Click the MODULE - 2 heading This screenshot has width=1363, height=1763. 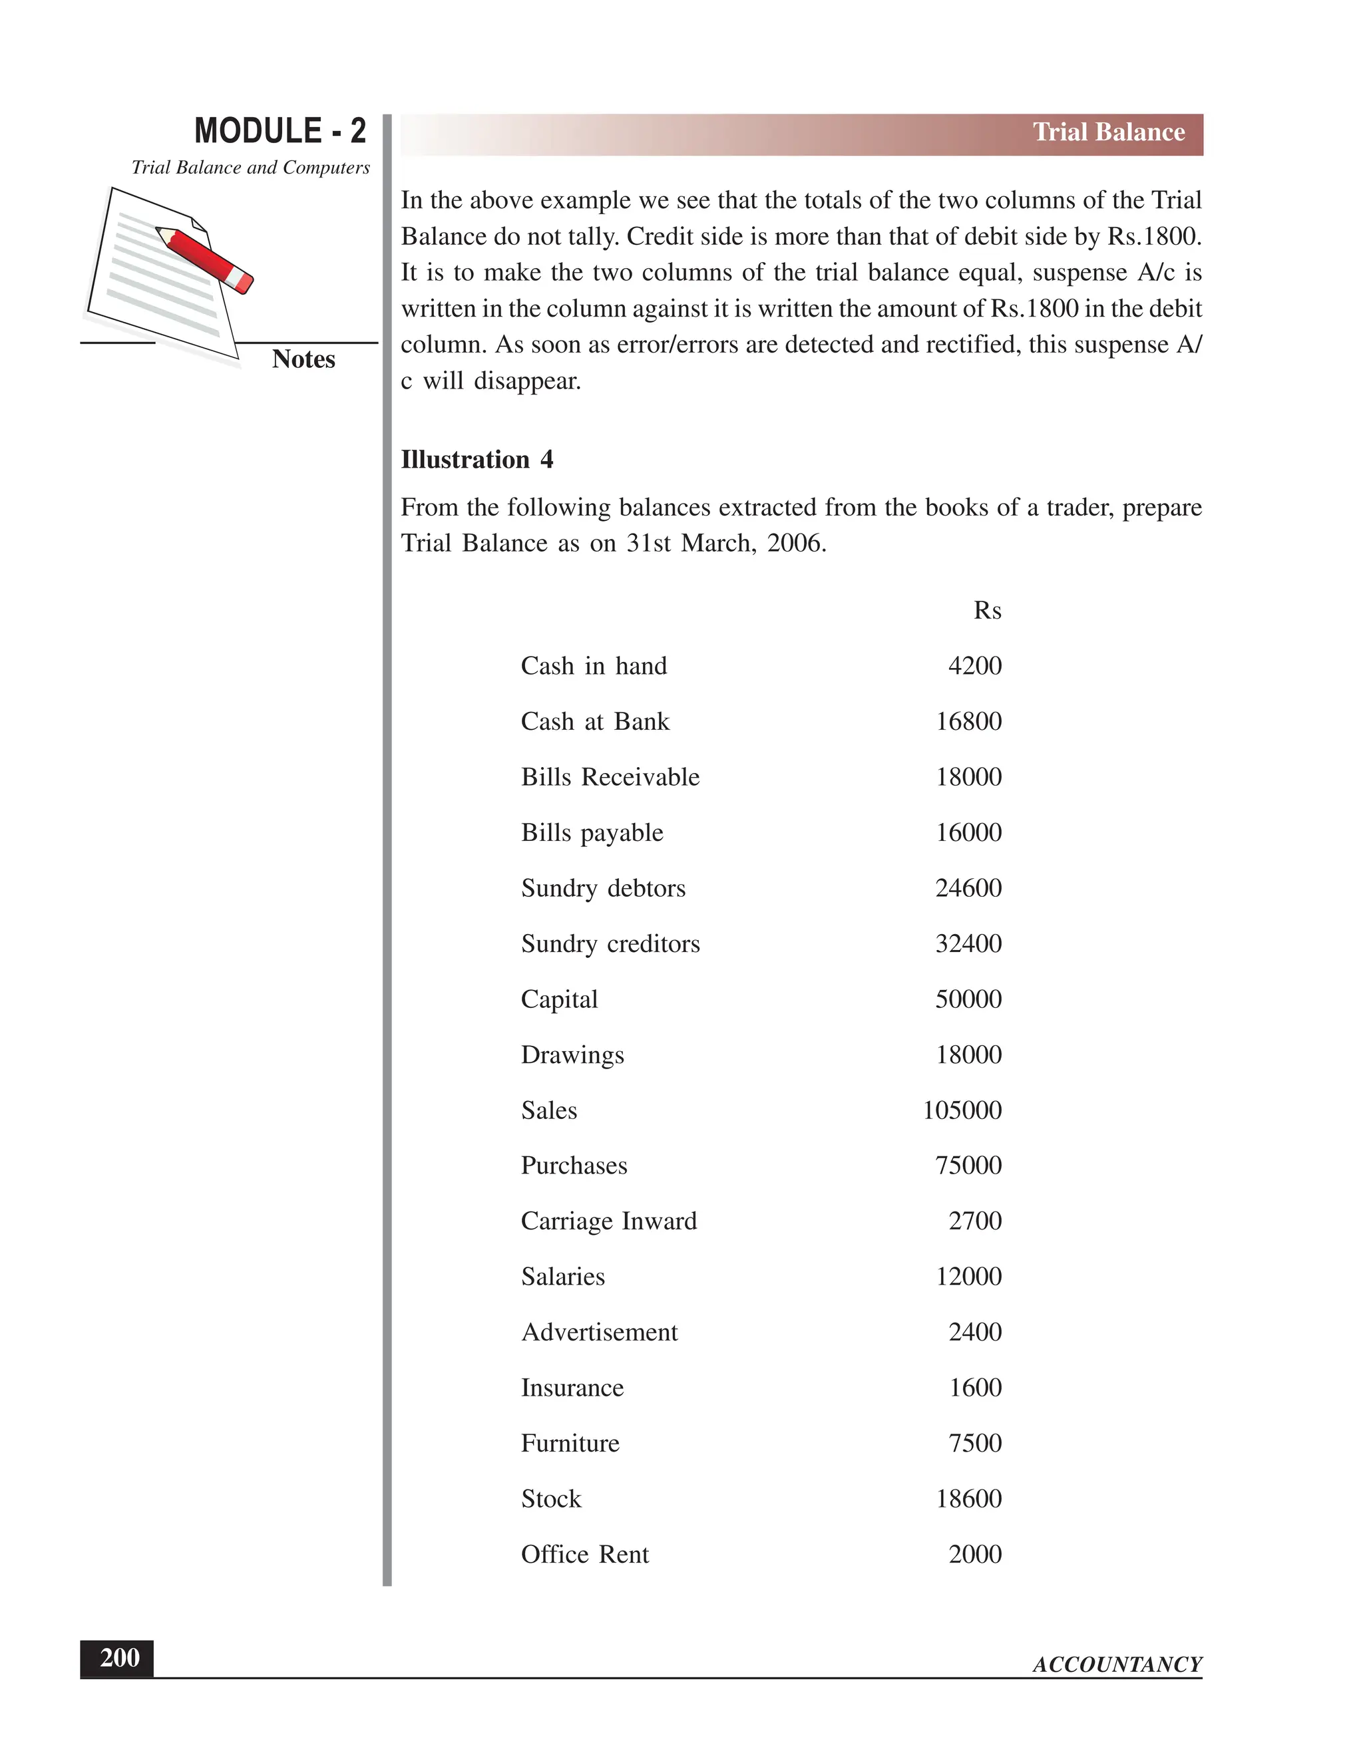coord(280,131)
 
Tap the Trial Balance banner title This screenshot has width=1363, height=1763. coord(1108,132)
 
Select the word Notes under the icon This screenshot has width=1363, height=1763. coord(303,359)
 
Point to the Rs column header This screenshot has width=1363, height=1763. coord(987,610)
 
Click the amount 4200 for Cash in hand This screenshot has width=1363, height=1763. coord(974,666)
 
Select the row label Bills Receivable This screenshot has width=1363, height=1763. coord(610,777)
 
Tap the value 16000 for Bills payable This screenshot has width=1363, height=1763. coord(968,833)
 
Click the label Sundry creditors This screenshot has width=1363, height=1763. coord(610,943)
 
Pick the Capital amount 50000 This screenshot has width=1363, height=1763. coord(968,999)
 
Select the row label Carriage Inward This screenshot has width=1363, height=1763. coord(608,1221)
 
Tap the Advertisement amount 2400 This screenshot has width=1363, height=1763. coord(974,1333)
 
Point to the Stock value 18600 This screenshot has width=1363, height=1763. coord(968,1499)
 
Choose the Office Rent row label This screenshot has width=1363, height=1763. coord(584,1555)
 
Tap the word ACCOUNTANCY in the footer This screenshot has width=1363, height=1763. coord(1117,1665)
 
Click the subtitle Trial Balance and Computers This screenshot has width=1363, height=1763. coord(250,168)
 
